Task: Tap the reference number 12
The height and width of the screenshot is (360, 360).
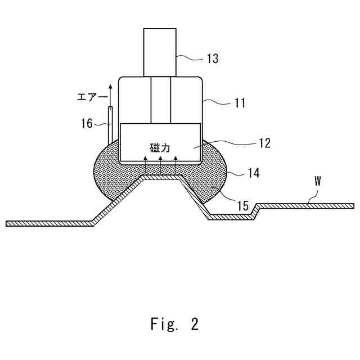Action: pos(263,143)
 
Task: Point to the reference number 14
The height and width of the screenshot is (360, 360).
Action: pos(253,173)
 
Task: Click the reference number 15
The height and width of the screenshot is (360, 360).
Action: pos(242,206)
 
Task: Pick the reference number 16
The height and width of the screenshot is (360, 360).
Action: pos(87,123)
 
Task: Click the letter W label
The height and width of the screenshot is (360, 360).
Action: pos(317,182)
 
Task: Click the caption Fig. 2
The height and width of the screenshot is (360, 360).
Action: pos(174,325)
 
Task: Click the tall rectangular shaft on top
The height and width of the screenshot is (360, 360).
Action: pos(161,52)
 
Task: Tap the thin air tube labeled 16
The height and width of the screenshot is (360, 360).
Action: pos(111,124)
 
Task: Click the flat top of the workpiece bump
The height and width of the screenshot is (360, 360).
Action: pos(161,178)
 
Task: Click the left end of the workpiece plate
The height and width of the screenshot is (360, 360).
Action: pos(9,223)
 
